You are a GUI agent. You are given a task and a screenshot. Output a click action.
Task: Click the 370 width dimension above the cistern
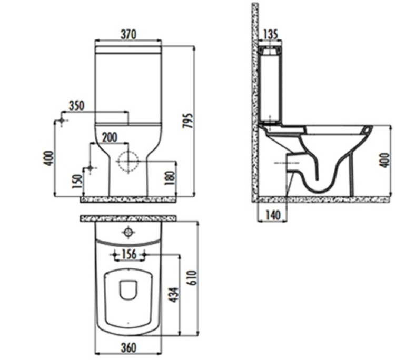[128, 35]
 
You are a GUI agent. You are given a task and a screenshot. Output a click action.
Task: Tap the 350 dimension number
[76, 106]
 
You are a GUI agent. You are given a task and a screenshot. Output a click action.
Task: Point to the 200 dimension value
[110, 137]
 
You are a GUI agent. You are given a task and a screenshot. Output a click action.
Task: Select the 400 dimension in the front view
[49, 158]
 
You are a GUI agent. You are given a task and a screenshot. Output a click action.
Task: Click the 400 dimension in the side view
[386, 161]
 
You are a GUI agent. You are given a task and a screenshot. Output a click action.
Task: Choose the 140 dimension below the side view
[273, 215]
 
